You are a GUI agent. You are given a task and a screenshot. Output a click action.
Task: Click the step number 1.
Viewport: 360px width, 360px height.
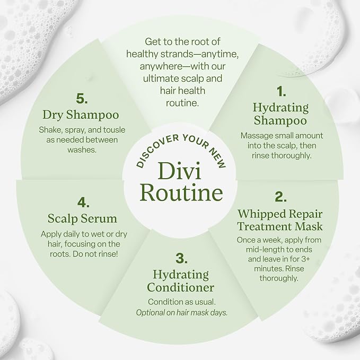(x=281, y=91)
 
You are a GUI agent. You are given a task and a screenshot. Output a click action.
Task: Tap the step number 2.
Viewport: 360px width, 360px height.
(x=280, y=197)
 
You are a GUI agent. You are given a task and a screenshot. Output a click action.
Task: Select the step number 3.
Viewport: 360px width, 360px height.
(x=181, y=258)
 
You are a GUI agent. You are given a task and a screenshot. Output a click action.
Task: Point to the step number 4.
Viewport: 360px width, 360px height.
(x=83, y=203)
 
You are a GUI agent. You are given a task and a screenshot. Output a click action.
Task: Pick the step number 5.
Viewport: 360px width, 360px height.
(x=82, y=99)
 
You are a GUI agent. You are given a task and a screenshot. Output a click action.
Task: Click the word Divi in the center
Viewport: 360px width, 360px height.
(x=179, y=171)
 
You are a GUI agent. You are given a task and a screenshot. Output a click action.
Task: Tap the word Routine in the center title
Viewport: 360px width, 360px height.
(x=181, y=192)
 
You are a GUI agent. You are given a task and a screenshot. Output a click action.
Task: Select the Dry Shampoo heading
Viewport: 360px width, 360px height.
(x=81, y=115)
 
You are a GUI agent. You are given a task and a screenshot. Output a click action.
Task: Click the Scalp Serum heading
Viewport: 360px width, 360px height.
(x=82, y=218)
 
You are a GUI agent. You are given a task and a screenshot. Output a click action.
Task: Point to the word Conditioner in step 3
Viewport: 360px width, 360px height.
(x=180, y=287)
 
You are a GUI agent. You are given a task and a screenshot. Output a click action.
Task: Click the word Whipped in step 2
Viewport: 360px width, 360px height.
(x=259, y=214)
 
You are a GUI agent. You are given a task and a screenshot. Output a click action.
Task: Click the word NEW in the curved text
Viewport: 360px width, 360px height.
(x=217, y=158)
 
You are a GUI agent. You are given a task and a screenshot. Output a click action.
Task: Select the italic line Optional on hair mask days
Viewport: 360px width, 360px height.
(x=182, y=312)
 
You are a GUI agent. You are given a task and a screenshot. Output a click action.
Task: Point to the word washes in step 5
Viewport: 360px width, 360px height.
(x=82, y=150)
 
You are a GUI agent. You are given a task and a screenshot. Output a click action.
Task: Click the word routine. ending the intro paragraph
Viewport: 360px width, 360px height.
(x=182, y=103)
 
